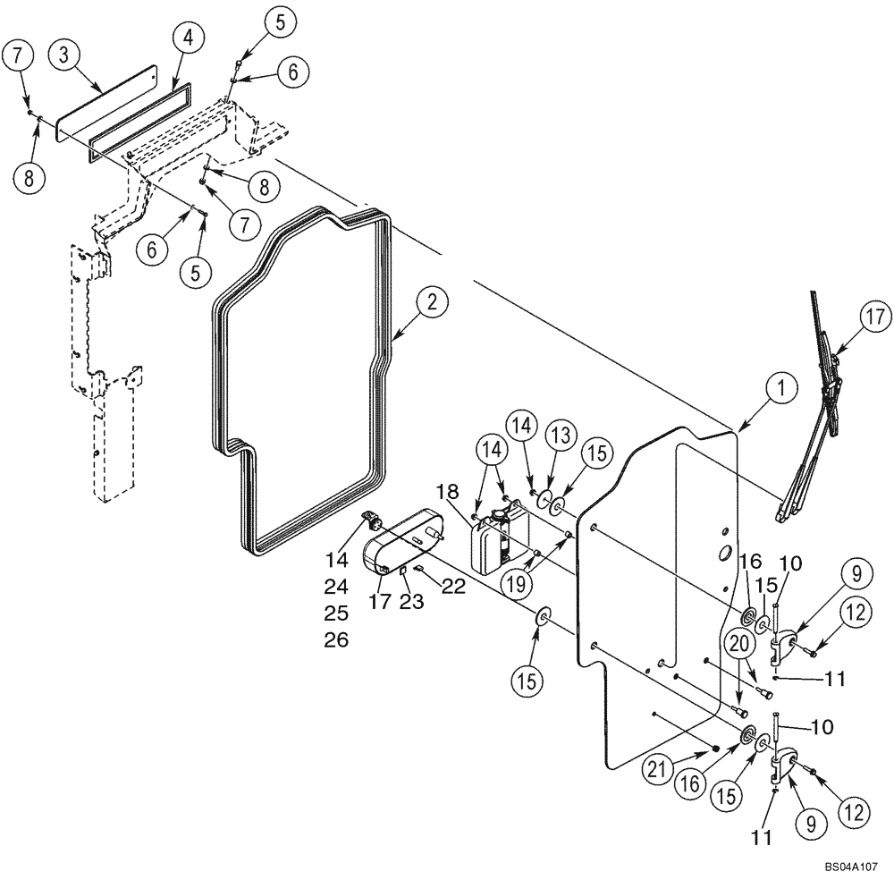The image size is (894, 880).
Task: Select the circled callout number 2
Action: click(431, 302)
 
